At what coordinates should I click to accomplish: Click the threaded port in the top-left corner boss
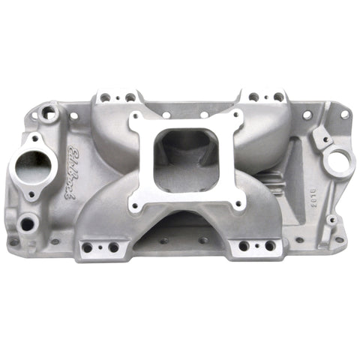(x=49, y=113)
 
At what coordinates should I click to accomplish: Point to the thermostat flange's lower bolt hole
(x=31, y=196)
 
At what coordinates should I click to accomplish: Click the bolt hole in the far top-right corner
(x=344, y=115)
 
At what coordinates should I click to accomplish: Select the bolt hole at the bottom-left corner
(x=13, y=241)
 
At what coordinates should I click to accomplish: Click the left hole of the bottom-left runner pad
(x=88, y=247)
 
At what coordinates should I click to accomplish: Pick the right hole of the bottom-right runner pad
(x=269, y=245)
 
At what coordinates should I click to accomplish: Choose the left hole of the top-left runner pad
(x=105, y=97)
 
